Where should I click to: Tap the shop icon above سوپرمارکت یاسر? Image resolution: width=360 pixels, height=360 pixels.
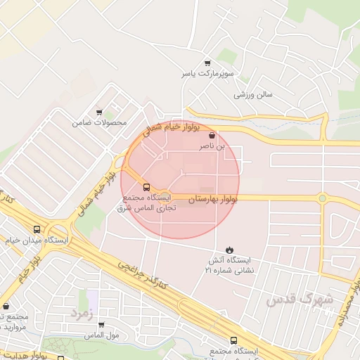click(x=207, y=63)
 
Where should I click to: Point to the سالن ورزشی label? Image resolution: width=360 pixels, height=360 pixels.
click(x=254, y=94)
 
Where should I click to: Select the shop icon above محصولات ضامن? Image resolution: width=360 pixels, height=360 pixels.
click(x=99, y=112)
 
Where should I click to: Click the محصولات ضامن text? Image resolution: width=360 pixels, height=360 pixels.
click(x=99, y=122)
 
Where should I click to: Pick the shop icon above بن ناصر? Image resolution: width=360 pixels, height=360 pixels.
click(x=212, y=136)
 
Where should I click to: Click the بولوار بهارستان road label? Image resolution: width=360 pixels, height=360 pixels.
click(x=212, y=200)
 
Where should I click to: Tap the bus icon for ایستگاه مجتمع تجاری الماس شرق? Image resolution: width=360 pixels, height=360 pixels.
click(x=146, y=187)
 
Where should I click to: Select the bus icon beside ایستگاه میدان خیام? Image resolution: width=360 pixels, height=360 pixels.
click(x=37, y=229)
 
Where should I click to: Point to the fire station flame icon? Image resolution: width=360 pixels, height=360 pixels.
click(x=230, y=250)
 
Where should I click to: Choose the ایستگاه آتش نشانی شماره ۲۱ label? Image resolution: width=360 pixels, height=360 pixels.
click(x=230, y=265)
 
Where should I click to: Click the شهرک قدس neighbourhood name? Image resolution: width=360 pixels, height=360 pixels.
click(x=299, y=300)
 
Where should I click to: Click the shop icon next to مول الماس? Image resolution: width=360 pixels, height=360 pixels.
click(x=101, y=325)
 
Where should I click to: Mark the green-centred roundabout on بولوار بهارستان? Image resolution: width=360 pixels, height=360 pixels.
click(x=322, y=198)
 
